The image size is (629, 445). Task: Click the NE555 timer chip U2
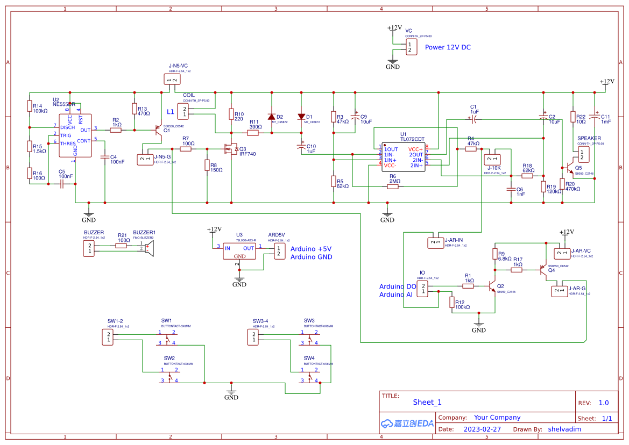pyautogui.click(x=75, y=135)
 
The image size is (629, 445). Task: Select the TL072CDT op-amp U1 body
pyautogui.click(x=404, y=157)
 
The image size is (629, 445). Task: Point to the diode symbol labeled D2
pyautogui.click(x=271, y=117)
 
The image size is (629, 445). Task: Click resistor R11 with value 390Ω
pyautogui.click(x=253, y=133)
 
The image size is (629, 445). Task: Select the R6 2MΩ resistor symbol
pyautogui.click(x=395, y=187)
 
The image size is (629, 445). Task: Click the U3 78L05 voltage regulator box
pyautogui.click(x=239, y=251)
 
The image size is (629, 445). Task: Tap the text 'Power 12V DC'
pyautogui.click(x=448, y=47)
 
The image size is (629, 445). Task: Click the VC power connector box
pyautogui.click(x=411, y=47)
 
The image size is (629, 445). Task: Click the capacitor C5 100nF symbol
pyautogui.click(x=62, y=184)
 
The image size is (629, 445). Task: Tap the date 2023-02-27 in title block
pyautogui.click(x=482, y=429)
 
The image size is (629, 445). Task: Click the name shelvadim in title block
pyautogui.click(x=564, y=429)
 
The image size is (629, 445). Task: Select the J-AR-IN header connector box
pyautogui.click(x=435, y=242)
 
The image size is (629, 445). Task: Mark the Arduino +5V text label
pyautogui.click(x=311, y=249)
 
